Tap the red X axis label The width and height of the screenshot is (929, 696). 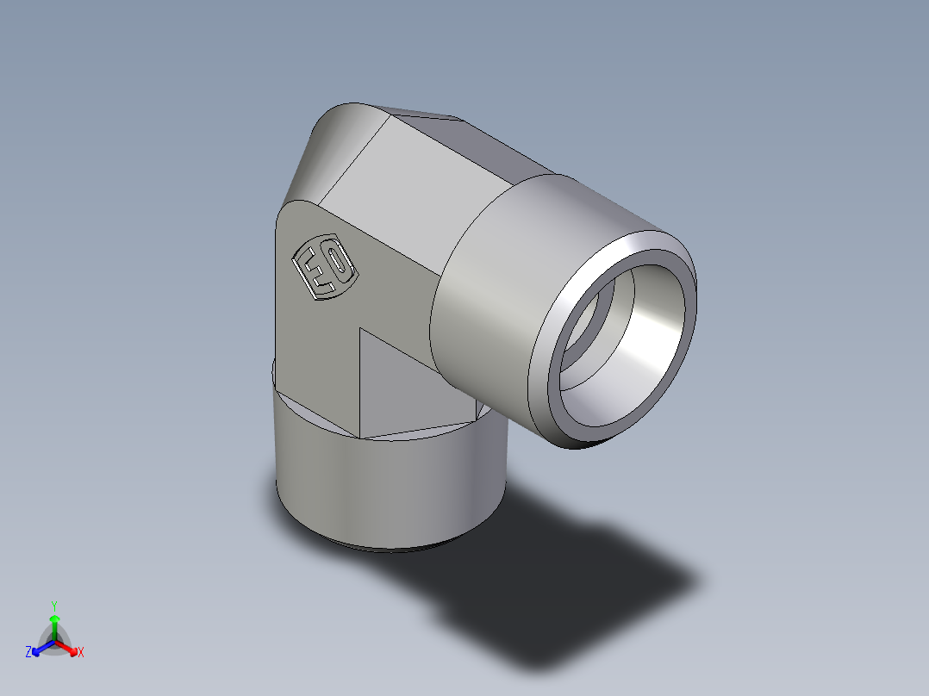pos(81,653)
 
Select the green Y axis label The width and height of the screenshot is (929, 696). pos(53,606)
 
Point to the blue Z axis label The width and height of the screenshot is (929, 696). pos(28,653)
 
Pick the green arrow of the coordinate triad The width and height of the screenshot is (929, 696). pos(54,625)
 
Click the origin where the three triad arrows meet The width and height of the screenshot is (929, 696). pos(54,640)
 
